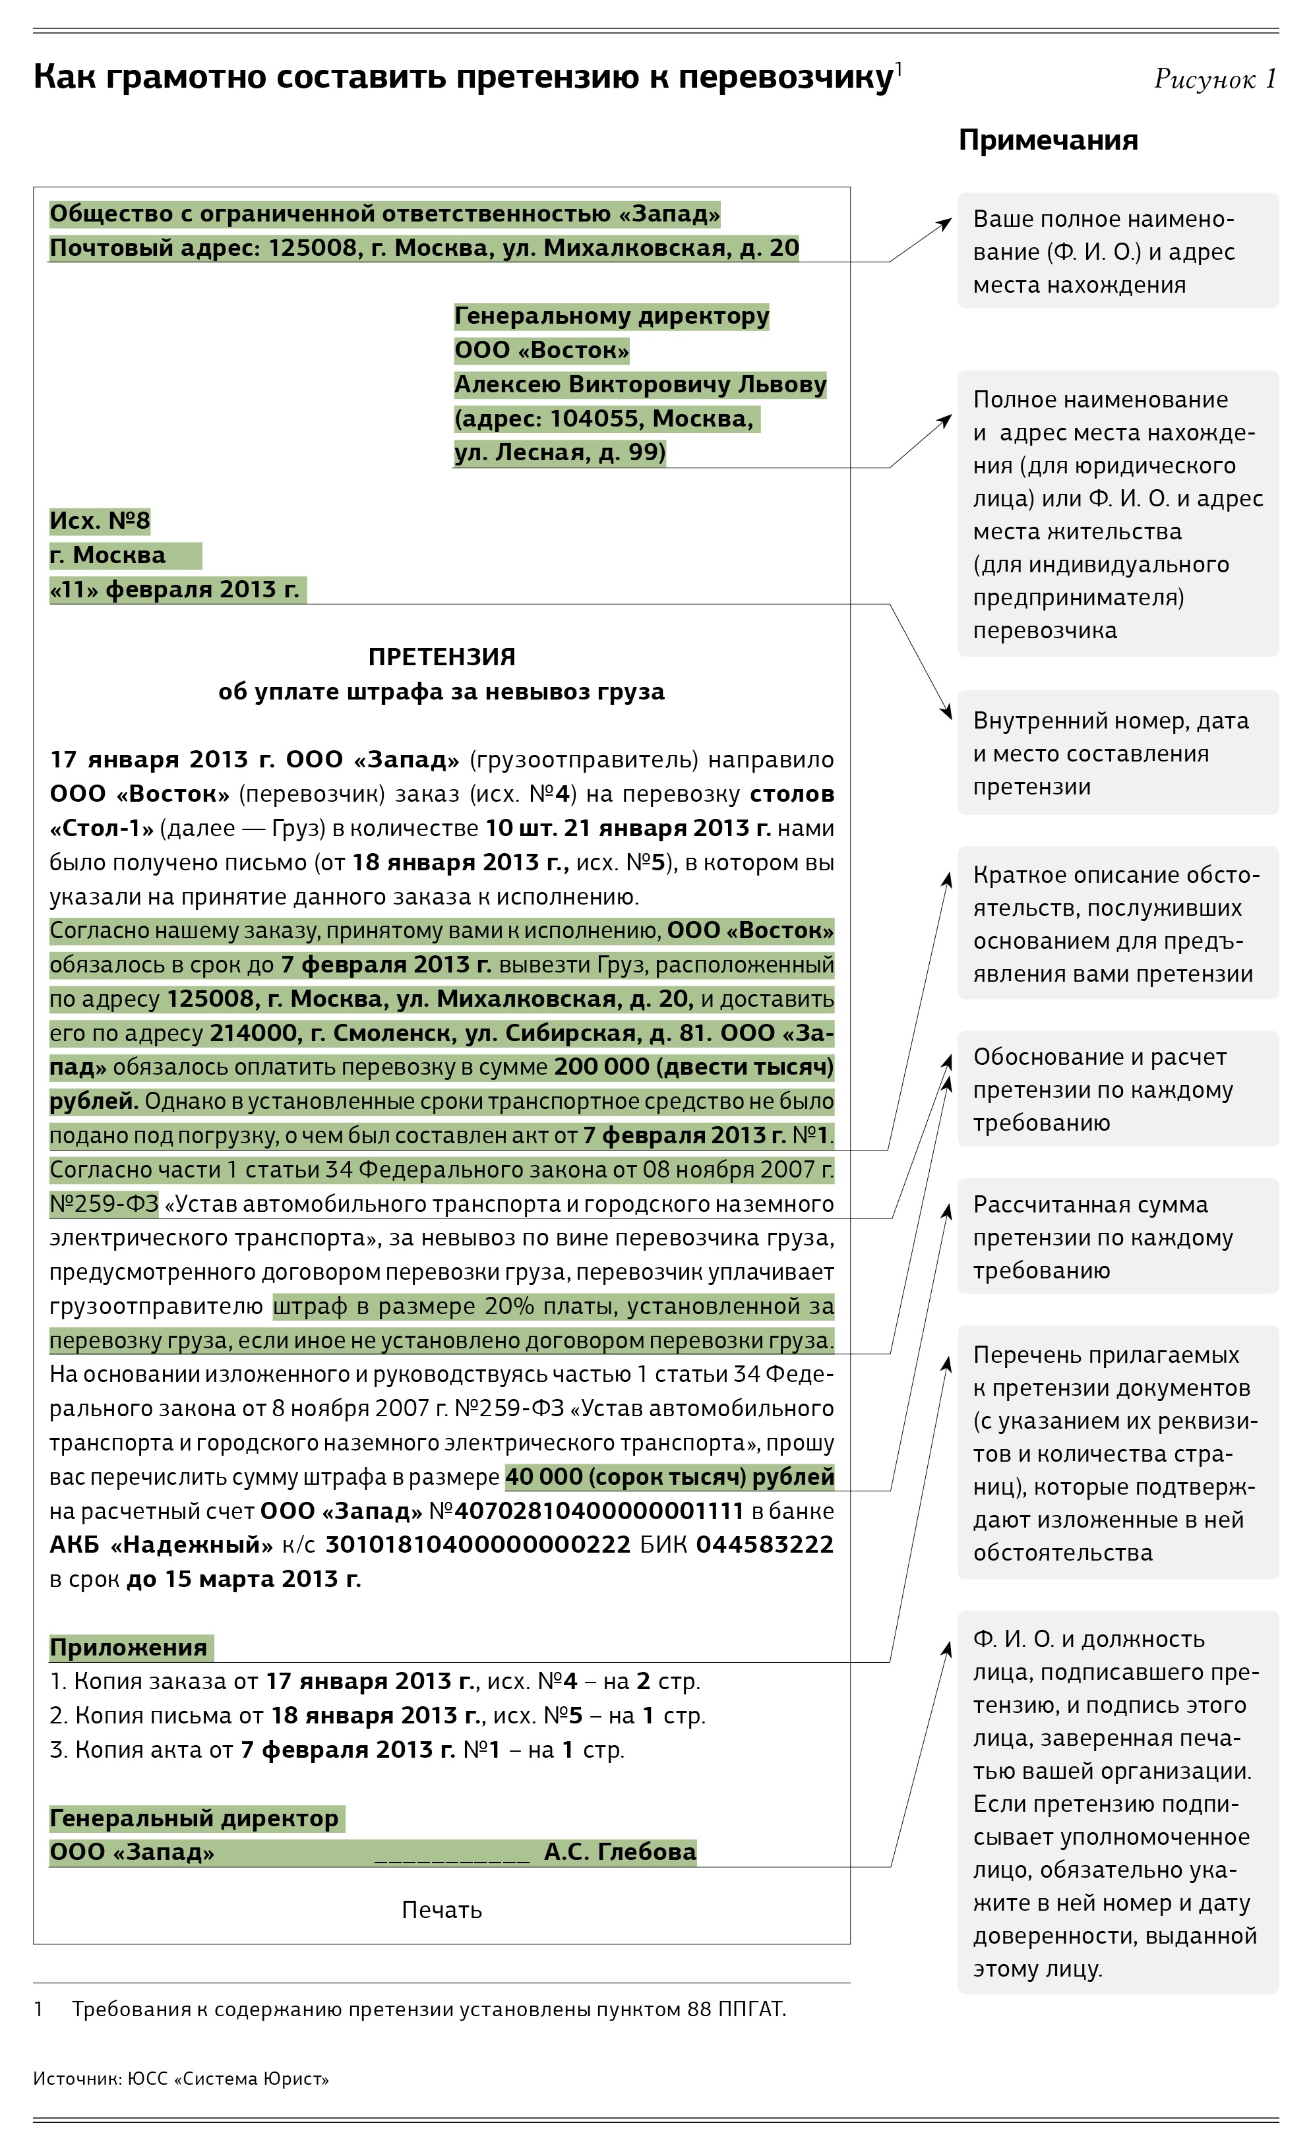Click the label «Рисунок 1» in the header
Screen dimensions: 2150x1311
[1214, 79]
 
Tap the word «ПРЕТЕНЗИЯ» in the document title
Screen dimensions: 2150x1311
[442, 657]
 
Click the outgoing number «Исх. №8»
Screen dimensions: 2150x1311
[100, 521]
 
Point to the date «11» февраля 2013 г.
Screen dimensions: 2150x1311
[175, 590]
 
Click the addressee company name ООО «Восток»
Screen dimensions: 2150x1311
[541, 351]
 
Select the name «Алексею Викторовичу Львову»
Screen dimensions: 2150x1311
[640, 385]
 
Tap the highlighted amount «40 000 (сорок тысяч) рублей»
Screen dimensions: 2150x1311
[669, 1478]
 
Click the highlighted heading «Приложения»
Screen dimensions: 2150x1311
[129, 1648]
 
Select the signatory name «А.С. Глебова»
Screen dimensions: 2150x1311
[620, 1853]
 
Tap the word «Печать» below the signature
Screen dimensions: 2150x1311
[442, 1910]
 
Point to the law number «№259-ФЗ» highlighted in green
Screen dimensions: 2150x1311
[104, 1204]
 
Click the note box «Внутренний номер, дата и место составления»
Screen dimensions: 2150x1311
[1117, 753]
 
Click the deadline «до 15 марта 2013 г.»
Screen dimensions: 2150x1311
[243, 1579]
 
